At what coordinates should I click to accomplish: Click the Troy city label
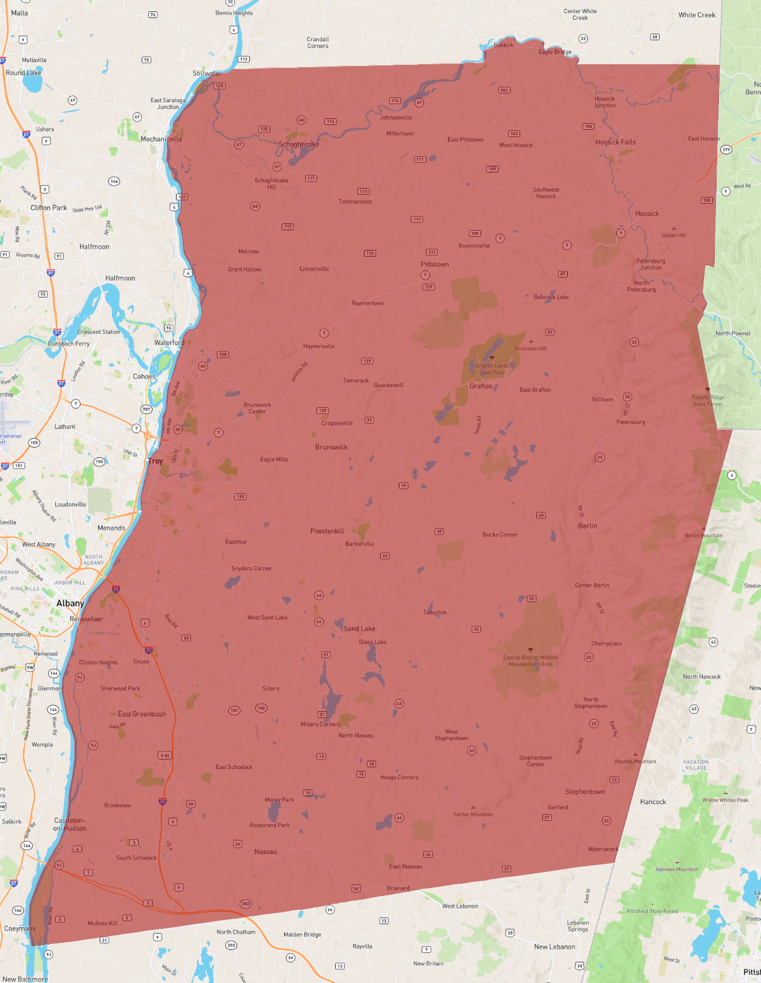(156, 461)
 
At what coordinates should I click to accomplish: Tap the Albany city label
(70, 603)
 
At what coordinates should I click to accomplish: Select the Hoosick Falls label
(615, 142)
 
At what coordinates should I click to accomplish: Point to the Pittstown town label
(434, 264)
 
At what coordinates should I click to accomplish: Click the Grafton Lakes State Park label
(492, 369)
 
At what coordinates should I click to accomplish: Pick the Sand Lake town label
(359, 628)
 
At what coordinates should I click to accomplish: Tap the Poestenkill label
(327, 531)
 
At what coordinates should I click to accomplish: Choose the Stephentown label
(584, 792)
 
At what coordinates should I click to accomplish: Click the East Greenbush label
(142, 714)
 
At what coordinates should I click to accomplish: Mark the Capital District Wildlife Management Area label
(530, 660)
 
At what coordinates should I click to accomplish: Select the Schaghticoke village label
(299, 144)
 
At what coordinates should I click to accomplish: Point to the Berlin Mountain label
(703, 535)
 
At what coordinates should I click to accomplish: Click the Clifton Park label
(49, 208)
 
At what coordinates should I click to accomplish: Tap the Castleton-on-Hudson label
(70, 824)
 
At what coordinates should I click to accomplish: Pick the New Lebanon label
(554, 947)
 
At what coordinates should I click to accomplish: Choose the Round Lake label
(23, 73)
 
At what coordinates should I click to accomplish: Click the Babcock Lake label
(551, 297)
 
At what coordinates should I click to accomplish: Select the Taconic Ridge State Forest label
(708, 401)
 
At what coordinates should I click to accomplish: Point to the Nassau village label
(265, 852)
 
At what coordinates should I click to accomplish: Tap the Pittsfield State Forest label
(652, 911)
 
